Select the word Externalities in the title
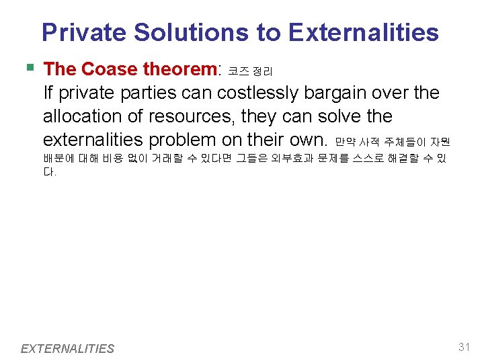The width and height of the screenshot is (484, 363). tap(363, 32)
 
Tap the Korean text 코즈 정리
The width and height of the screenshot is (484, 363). tap(249, 71)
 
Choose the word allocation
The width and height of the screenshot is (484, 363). tap(83, 116)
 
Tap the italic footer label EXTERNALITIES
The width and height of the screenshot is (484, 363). tap(67, 348)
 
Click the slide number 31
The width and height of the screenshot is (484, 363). tap(463, 347)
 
